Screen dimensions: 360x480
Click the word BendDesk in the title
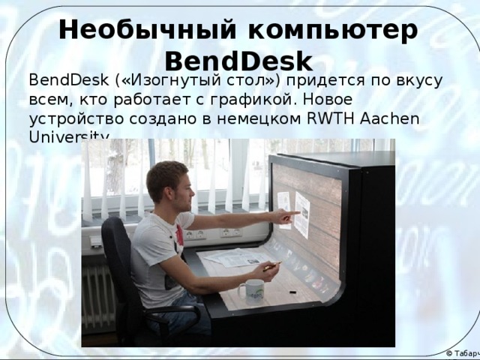click(238, 60)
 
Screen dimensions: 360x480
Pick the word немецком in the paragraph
click(241, 118)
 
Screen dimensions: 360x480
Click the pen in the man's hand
click(272, 265)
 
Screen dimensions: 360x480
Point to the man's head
click(167, 182)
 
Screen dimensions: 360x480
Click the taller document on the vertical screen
click(302, 214)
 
